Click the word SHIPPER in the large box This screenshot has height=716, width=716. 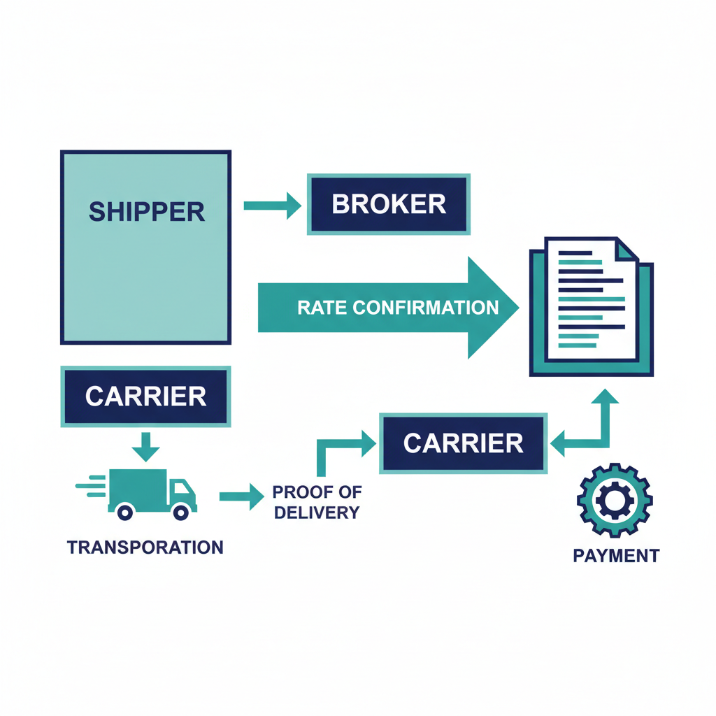[147, 210]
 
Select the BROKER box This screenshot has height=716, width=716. [389, 204]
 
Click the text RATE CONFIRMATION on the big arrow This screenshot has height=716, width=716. [397, 308]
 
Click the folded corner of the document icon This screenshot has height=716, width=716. [626, 250]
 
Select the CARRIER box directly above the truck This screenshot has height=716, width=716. [145, 396]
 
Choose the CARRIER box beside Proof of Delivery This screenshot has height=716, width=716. [463, 443]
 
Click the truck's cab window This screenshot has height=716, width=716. [180, 487]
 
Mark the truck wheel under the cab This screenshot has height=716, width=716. [180, 513]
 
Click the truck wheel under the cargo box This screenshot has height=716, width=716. [125, 513]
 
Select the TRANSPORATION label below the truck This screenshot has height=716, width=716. [145, 547]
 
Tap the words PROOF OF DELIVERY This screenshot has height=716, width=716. [317, 502]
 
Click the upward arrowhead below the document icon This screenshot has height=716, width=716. [604, 397]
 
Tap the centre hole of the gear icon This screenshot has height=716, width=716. [615, 500]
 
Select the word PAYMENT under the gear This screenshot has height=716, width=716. [615, 556]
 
